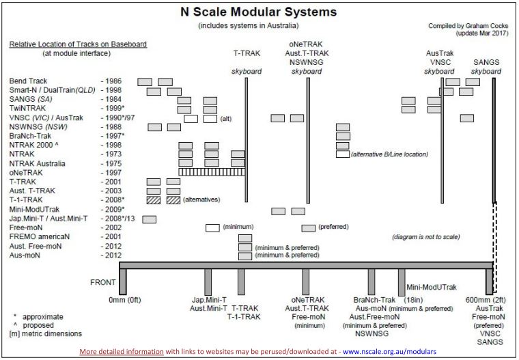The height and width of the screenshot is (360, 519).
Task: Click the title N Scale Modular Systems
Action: click(259, 12)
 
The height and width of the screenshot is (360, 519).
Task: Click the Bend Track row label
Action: click(28, 81)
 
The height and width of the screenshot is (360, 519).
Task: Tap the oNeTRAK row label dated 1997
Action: click(26, 172)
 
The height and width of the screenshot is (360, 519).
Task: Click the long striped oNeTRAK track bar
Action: click(212, 172)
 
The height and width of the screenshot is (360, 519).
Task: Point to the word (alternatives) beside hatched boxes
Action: click(203, 199)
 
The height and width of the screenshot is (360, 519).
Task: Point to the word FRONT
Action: click(103, 281)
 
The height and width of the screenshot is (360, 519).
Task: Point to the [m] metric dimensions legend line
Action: click(46, 334)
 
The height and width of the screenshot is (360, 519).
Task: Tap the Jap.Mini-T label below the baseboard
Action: click(208, 299)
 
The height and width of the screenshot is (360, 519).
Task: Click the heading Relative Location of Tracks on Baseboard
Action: click(78, 44)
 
